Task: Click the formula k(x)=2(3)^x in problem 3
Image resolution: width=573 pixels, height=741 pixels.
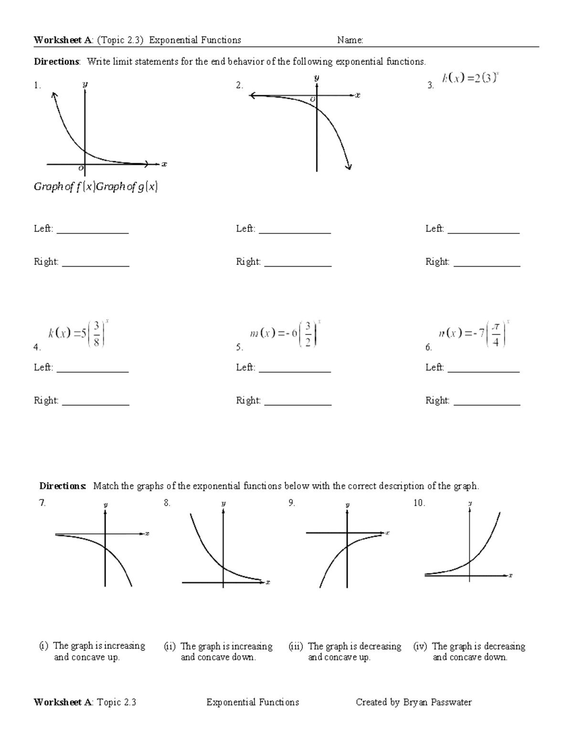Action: [470, 78]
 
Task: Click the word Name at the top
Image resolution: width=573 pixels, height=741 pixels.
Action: [350, 40]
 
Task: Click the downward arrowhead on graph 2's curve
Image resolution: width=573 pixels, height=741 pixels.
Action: [349, 166]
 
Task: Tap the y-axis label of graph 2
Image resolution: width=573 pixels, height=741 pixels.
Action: [317, 77]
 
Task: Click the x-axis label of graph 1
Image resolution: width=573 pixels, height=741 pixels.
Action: [164, 164]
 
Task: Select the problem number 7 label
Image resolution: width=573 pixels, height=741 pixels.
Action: [42, 502]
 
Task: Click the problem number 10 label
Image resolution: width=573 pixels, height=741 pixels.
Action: [419, 502]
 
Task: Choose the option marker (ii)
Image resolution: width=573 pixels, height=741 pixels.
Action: [170, 647]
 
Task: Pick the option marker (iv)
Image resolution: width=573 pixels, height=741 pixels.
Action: [420, 647]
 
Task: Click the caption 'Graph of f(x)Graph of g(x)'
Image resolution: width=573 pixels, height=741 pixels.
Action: [95, 187]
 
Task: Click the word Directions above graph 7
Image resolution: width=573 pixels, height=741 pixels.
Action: [63, 486]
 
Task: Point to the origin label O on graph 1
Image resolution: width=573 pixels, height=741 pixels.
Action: [81, 168]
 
